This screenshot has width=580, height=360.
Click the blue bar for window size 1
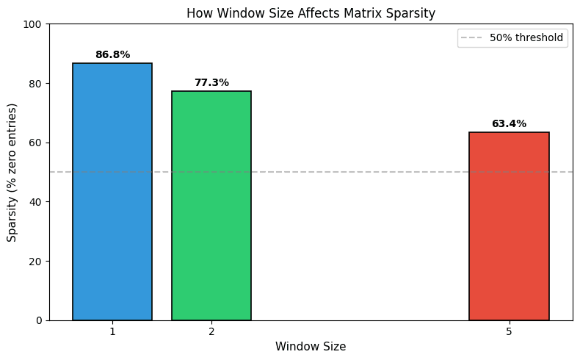[x=112, y=192]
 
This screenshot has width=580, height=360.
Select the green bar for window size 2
[x=211, y=206]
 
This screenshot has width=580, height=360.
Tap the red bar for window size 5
[x=509, y=226]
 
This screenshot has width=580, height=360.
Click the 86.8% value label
[x=112, y=55]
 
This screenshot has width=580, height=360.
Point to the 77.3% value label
[x=211, y=83]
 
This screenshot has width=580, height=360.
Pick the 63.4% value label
[x=509, y=124]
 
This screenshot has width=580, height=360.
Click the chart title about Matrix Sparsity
[x=311, y=13]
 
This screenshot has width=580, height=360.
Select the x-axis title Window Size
[x=311, y=346]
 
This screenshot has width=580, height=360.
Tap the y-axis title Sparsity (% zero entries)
[x=12, y=172]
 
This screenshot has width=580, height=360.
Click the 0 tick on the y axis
[x=39, y=320]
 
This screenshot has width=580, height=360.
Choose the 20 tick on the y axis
[x=37, y=261]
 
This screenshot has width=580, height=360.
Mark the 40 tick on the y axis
[x=37, y=202]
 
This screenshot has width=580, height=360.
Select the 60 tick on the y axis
[x=37, y=143]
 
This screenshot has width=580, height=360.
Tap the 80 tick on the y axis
[x=37, y=84]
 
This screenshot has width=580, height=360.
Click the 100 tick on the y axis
[x=34, y=24]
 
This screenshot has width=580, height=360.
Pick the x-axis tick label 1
[x=112, y=331]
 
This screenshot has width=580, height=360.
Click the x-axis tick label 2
[x=211, y=331]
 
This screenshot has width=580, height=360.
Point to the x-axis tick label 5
[x=509, y=331]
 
